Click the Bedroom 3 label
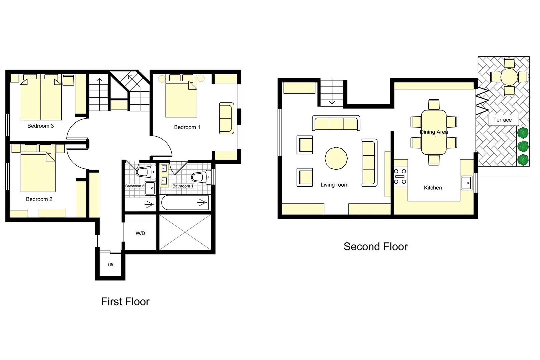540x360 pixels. click(x=40, y=126)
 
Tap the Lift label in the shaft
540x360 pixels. click(x=110, y=265)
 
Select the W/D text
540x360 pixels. click(x=140, y=233)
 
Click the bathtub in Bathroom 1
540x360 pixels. click(x=185, y=203)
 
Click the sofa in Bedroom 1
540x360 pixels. click(x=227, y=118)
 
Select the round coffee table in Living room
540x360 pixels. click(x=336, y=158)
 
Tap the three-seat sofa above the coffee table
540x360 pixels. click(x=336, y=123)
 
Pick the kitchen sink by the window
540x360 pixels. click(x=466, y=183)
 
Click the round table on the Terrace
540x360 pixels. click(x=509, y=77)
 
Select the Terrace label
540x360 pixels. click(x=502, y=120)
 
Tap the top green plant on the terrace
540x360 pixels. click(x=523, y=133)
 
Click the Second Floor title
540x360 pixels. click(x=375, y=247)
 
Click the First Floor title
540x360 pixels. click(x=125, y=302)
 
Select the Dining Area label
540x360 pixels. click(x=434, y=132)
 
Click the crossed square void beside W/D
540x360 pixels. click(x=185, y=232)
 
